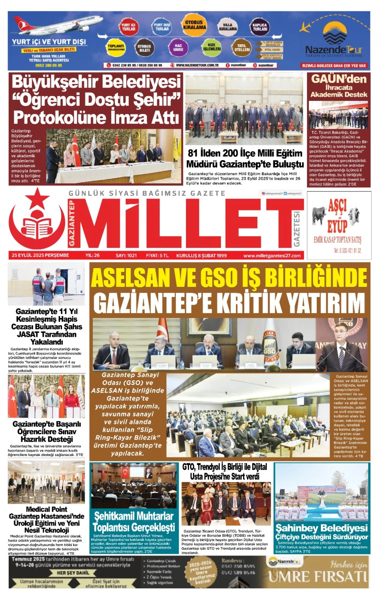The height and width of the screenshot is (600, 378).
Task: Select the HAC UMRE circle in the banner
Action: click(x=178, y=48)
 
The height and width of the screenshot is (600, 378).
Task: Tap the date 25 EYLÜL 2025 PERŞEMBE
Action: click(x=40, y=255)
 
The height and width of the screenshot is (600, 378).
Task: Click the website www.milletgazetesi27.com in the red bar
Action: click(x=272, y=256)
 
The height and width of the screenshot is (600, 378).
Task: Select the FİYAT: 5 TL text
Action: click(x=157, y=255)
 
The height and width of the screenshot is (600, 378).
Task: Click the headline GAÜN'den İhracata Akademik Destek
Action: click(x=339, y=86)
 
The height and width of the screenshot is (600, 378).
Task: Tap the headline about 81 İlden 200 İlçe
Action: click(x=245, y=159)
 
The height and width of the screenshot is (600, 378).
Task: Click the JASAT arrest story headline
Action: click(x=46, y=327)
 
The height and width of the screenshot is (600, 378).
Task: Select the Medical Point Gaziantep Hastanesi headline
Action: click(x=46, y=520)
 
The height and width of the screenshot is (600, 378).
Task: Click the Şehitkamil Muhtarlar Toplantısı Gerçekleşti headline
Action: click(x=134, y=522)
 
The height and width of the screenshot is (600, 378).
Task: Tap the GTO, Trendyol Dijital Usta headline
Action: click(x=225, y=472)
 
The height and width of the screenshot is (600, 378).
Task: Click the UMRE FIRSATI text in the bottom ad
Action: click(x=318, y=577)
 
